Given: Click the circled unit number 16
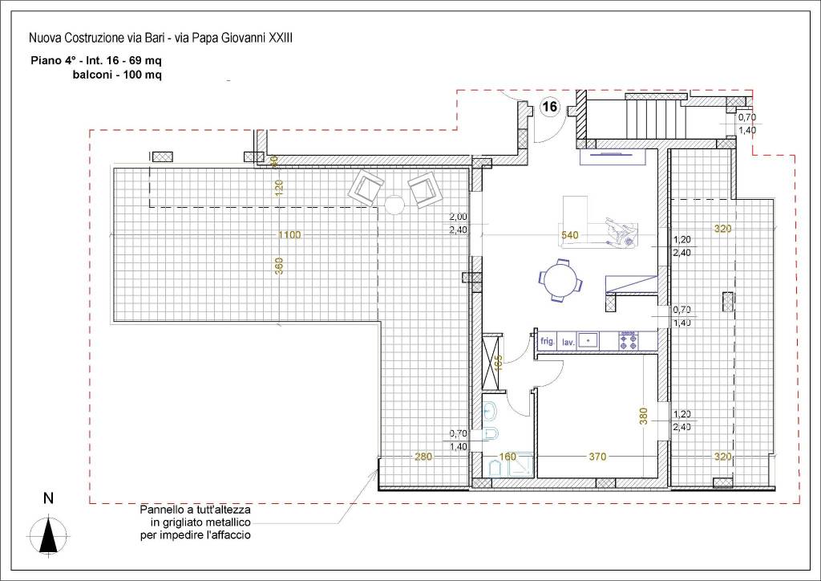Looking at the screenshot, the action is [x=550, y=107].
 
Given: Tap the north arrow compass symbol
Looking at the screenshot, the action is [x=48, y=534].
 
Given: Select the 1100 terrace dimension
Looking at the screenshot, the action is [x=289, y=234].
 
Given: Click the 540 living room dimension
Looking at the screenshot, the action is [x=570, y=235].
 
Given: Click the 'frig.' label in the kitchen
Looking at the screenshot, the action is [x=547, y=341].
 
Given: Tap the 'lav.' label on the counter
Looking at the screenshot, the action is [x=568, y=343].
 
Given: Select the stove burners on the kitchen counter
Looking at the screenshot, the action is [x=629, y=339].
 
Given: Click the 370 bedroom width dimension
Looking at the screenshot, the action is [x=597, y=457].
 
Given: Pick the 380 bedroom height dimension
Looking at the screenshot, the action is [x=644, y=416].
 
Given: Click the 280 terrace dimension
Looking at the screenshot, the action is [x=423, y=457].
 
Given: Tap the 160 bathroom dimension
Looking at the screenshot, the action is [x=508, y=457].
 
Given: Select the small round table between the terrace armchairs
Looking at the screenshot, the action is [x=394, y=205].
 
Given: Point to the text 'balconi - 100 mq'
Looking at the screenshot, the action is [x=117, y=75].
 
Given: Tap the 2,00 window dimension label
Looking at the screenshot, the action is [x=458, y=217].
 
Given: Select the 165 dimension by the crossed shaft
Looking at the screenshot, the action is [x=498, y=363].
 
